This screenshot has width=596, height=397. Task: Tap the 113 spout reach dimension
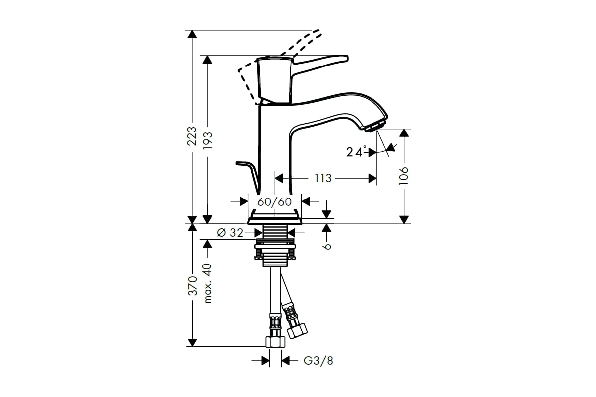323,178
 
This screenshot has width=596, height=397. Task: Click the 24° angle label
356,152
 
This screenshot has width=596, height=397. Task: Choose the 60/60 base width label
274,201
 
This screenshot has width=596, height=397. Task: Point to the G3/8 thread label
318,361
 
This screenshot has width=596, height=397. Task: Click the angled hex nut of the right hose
298,329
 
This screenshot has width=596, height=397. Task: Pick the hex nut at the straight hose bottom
275,341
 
